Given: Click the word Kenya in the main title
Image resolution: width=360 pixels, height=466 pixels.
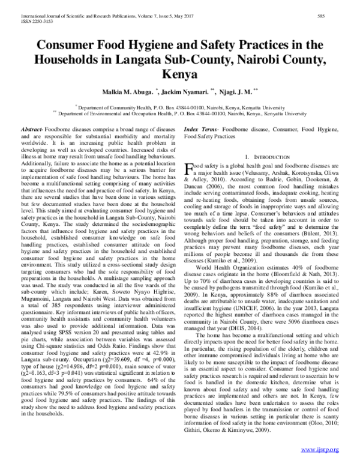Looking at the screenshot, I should pyautogui.click(x=179, y=75).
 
